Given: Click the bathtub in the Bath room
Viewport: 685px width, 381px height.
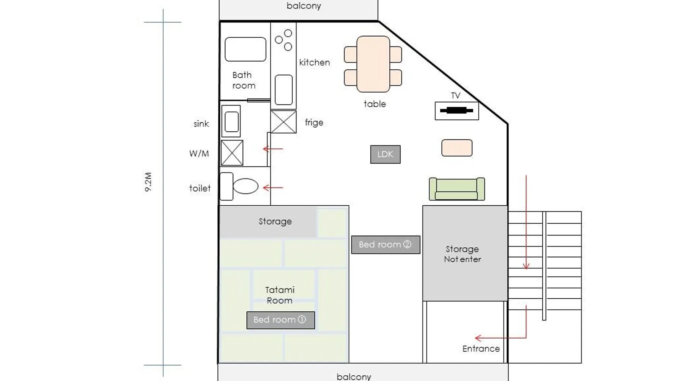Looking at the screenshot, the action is pos(245,49).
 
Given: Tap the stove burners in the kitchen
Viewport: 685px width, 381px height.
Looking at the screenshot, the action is pos(284,40).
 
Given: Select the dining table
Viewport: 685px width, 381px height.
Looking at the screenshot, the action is pos(373,64).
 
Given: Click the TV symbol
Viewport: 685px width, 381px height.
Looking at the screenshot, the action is pos(457,111).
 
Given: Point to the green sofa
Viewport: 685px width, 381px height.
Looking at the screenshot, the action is pos(457,189).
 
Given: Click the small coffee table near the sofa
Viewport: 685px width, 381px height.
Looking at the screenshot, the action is pos(457,148).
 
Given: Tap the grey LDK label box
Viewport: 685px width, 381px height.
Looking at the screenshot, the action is pos(385,154).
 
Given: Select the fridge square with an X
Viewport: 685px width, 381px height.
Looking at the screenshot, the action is pos(284,122).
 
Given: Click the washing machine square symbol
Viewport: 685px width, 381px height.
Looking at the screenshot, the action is pos(232,153).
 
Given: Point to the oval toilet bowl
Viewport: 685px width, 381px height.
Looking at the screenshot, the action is pos(245,186).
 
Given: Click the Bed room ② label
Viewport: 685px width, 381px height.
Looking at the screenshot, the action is pos(386,245).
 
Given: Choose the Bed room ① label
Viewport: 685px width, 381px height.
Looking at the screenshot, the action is pos(280,320).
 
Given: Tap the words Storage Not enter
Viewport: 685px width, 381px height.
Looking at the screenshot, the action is pos(462,254).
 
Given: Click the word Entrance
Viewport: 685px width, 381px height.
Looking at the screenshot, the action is pos(481,349).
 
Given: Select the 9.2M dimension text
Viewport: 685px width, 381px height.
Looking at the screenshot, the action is pos(148,182).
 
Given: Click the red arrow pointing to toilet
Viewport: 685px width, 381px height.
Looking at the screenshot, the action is pos(273,187).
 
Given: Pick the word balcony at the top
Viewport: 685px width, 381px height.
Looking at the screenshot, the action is pos(304,6).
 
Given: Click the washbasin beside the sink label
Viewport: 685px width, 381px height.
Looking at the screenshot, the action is pos(231,121).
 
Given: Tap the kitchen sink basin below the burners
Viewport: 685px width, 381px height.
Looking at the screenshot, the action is pos(284,90).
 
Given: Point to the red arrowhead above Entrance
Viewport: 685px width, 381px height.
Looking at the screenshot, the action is pos(526,266).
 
